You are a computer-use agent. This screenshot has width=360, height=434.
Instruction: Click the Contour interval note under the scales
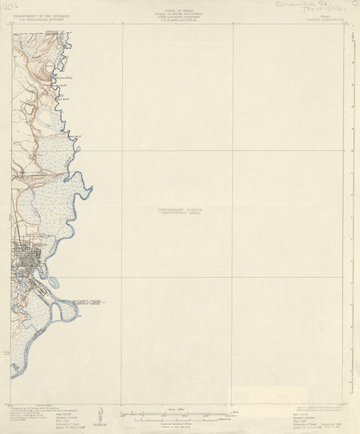coord(178,423)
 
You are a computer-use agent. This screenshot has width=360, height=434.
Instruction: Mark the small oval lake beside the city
coord(53,281)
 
